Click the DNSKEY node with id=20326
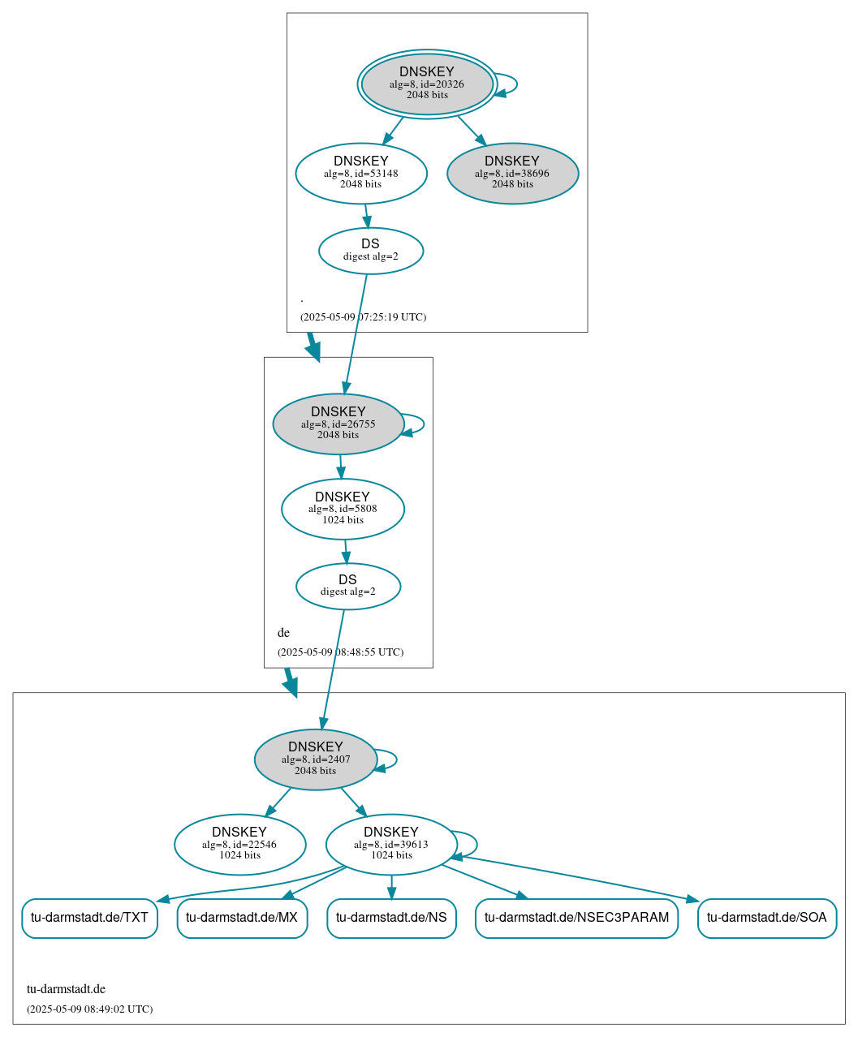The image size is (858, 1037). coord(427,84)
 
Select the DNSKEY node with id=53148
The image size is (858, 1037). coord(361,173)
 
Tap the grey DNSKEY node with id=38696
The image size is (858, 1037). coord(512,173)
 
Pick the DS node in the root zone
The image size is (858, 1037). coord(371,251)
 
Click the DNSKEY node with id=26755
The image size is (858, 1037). coord(338,424)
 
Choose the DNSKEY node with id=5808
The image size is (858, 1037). coord(343,509)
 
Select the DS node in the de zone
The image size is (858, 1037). coord(348,586)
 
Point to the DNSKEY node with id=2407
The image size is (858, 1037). coord(316,759)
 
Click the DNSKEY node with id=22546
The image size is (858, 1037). coord(239,845)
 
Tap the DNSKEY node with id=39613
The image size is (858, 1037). coord(391,845)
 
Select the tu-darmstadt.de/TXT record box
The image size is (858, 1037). coord(89,918)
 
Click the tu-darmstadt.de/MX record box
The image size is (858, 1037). coord(242,918)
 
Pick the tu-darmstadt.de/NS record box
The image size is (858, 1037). coord(391,918)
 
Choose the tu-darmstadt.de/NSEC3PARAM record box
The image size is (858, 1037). coord(576,918)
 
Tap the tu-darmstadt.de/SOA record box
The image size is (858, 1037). coord(766,918)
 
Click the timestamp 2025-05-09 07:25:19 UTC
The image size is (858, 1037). coord(363,317)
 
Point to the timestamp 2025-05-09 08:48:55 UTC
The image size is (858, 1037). coord(340,652)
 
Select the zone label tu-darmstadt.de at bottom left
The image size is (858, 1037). coord(66,989)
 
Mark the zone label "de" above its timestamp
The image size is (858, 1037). coord(283,633)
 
